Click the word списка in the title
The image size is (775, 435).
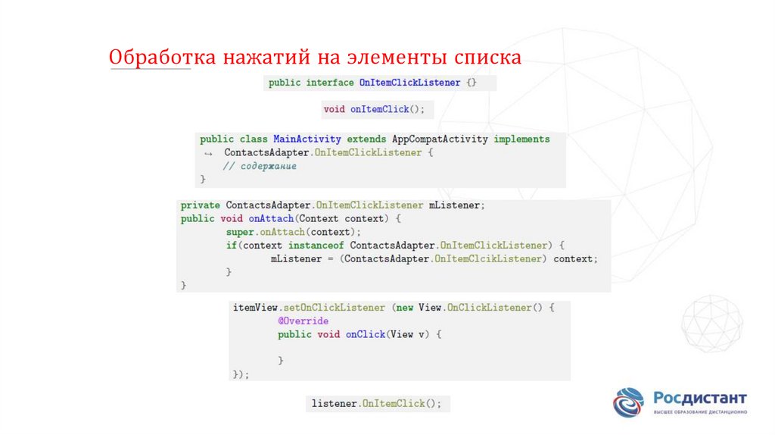tap(487, 58)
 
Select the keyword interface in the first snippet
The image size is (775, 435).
tap(329, 83)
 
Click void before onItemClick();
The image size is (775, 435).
tap(334, 109)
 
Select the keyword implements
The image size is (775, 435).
tap(521, 139)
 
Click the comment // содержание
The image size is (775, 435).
tap(260, 166)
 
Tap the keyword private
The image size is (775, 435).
tap(200, 205)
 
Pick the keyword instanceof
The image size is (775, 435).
tap(316, 246)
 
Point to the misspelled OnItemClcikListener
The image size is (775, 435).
tap(490, 258)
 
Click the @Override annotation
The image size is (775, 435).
tap(303, 321)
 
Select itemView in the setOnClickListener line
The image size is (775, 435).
tap(256, 308)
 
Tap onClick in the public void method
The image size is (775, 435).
tap(366, 334)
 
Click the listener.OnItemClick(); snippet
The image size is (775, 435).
tap(376, 404)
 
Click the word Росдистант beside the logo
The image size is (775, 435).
tap(699, 398)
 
